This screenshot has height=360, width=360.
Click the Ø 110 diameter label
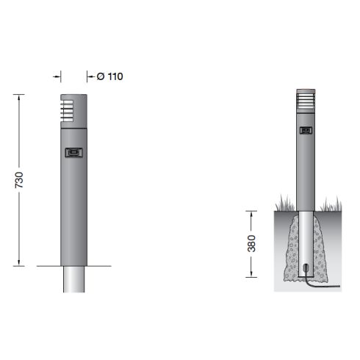point(109,76)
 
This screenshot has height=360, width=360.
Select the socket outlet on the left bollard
point(73,153)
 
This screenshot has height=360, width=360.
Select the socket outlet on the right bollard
point(305,132)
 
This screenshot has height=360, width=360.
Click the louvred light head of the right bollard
point(305,101)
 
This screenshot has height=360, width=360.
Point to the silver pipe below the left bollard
point(73,279)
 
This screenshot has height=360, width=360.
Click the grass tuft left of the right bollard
point(283,203)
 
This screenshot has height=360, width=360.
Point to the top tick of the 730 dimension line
point(19,94)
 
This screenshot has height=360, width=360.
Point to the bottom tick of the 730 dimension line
point(19,265)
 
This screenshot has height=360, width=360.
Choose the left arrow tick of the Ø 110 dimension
point(60,76)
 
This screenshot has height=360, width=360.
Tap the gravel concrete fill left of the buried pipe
point(290,250)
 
